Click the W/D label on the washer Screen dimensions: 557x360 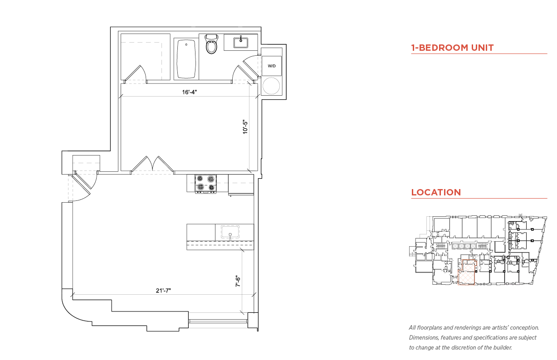coord(272,66)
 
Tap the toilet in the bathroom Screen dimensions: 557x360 coord(211,44)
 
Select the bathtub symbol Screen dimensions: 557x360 coord(186,59)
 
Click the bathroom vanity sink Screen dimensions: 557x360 coord(241,42)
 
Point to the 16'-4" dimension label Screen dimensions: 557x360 coord(190,92)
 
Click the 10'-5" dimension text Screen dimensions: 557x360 coord(245,127)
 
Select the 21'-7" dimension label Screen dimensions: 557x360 coord(163,290)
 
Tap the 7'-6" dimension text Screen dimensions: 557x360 coord(238,281)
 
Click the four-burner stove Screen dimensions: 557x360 coord(205,184)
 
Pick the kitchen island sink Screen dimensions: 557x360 coord(230,232)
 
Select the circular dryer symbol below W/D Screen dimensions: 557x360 coord(271,86)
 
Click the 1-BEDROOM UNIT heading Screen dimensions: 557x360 coord(452,48)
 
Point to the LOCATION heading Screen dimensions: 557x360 coord(436,192)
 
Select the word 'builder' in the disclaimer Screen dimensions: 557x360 coord(502,348)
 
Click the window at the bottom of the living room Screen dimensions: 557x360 coord(218,321)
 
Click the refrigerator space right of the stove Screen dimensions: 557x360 coord(241,185)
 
